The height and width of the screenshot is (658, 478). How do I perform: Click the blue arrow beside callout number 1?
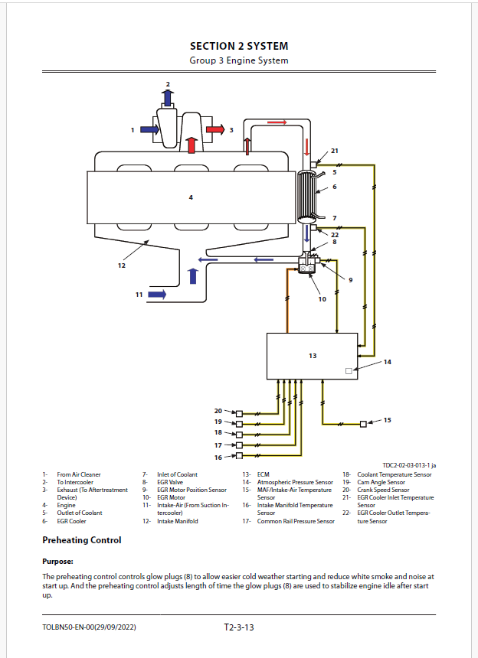[x=149, y=129]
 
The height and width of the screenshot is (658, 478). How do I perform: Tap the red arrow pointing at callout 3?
[x=215, y=129]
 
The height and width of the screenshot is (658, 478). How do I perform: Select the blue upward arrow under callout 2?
[x=168, y=98]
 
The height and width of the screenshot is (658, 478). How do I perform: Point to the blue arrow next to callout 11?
[x=157, y=294]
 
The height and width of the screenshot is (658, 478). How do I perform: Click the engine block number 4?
[x=191, y=197]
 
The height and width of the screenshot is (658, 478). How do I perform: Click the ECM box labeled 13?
[x=312, y=357]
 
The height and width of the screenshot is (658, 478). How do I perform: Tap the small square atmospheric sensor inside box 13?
[x=349, y=371]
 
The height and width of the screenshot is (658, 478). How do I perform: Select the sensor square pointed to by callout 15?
[x=363, y=424]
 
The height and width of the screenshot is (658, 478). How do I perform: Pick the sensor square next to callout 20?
[x=240, y=413]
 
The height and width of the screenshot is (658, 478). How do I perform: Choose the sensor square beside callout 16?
[x=240, y=456]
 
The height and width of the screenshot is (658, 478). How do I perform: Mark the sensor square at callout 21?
[x=313, y=164]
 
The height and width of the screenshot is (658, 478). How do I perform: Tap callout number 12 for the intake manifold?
[x=121, y=265]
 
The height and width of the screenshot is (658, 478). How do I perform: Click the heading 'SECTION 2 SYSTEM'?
[x=239, y=46]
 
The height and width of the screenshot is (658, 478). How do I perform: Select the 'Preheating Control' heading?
[x=82, y=540]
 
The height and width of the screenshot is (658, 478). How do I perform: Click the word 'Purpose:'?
[x=58, y=562]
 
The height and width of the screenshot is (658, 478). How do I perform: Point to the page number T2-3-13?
[x=239, y=627]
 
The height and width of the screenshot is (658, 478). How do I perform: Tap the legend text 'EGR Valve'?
[x=170, y=482]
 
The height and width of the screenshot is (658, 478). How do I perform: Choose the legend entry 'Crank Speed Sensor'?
[x=383, y=490]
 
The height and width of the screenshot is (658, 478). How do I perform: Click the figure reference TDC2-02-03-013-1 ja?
[x=409, y=465]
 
